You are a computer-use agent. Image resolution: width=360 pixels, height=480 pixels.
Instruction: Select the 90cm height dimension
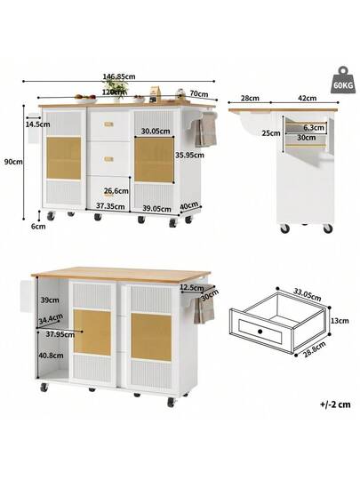13,161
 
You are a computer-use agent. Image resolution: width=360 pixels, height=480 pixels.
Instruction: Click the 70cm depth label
198,94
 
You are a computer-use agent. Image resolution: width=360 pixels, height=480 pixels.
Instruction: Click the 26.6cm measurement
115,190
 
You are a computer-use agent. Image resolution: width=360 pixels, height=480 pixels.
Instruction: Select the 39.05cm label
156,208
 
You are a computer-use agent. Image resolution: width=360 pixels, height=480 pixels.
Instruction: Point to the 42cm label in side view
308,99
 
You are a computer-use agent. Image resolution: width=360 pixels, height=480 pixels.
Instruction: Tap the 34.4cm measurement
50,317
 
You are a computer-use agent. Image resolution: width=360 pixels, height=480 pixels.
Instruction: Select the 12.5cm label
191,287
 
